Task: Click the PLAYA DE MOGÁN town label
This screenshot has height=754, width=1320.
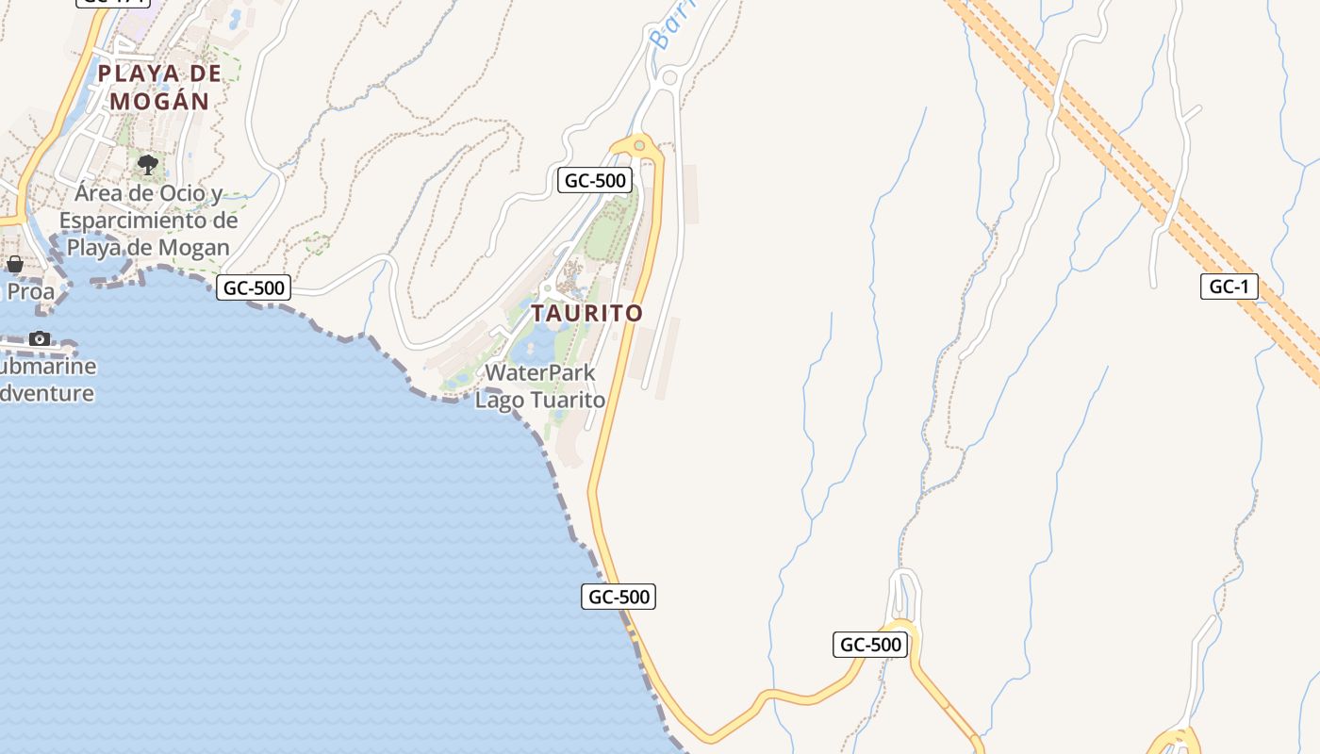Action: click(159, 87)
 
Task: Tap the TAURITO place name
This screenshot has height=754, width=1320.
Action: click(586, 313)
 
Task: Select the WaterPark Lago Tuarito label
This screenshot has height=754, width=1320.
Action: click(540, 385)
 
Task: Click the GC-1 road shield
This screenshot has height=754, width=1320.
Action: click(1229, 287)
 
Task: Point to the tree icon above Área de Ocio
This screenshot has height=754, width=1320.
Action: click(147, 166)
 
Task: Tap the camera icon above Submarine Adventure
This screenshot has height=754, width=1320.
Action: click(39, 338)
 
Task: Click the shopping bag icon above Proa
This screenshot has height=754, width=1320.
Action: click(14, 265)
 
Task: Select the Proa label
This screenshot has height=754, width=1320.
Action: click(30, 291)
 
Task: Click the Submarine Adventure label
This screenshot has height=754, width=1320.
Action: click(47, 380)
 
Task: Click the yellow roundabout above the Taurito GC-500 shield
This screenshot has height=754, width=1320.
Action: click(639, 145)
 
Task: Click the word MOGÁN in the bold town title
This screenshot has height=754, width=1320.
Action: click(159, 101)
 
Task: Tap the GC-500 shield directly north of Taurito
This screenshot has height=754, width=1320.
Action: click(594, 180)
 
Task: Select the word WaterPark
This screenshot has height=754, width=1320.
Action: click(540, 372)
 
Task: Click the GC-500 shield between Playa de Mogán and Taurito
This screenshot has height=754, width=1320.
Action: click(253, 287)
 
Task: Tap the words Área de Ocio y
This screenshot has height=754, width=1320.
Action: click(149, 194)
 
